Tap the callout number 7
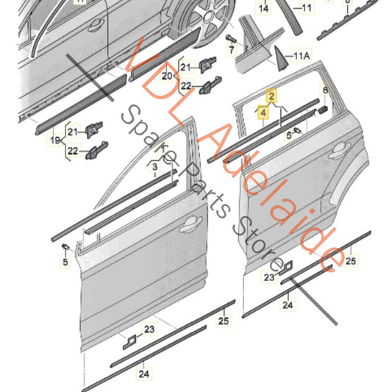231,50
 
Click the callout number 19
54,138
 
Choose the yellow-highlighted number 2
272,96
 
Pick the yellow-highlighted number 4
262,113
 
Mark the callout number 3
155,168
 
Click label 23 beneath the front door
149,329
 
